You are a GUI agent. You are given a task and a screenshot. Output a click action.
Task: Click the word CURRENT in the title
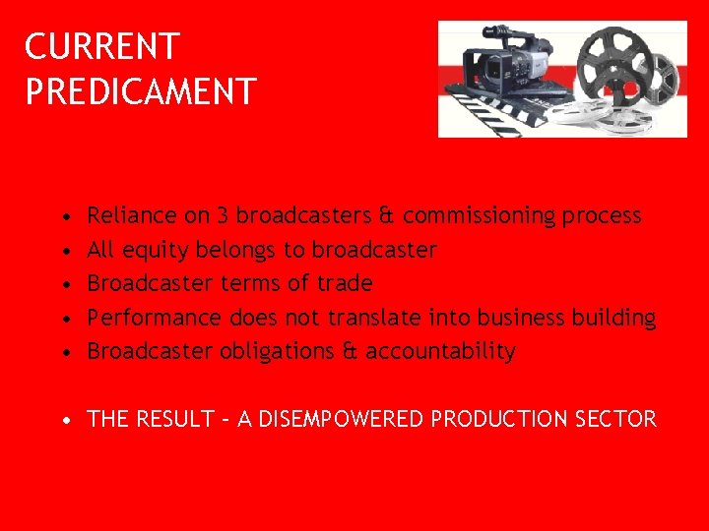(102, 46)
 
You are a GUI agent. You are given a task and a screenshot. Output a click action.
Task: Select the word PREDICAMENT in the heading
(141, 91)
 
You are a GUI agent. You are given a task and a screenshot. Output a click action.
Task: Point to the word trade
(345, 283)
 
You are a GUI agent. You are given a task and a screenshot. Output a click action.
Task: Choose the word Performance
(155, 318)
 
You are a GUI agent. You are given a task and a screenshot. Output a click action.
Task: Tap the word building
(617, 318)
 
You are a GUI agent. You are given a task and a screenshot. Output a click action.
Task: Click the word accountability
(440, 351)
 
